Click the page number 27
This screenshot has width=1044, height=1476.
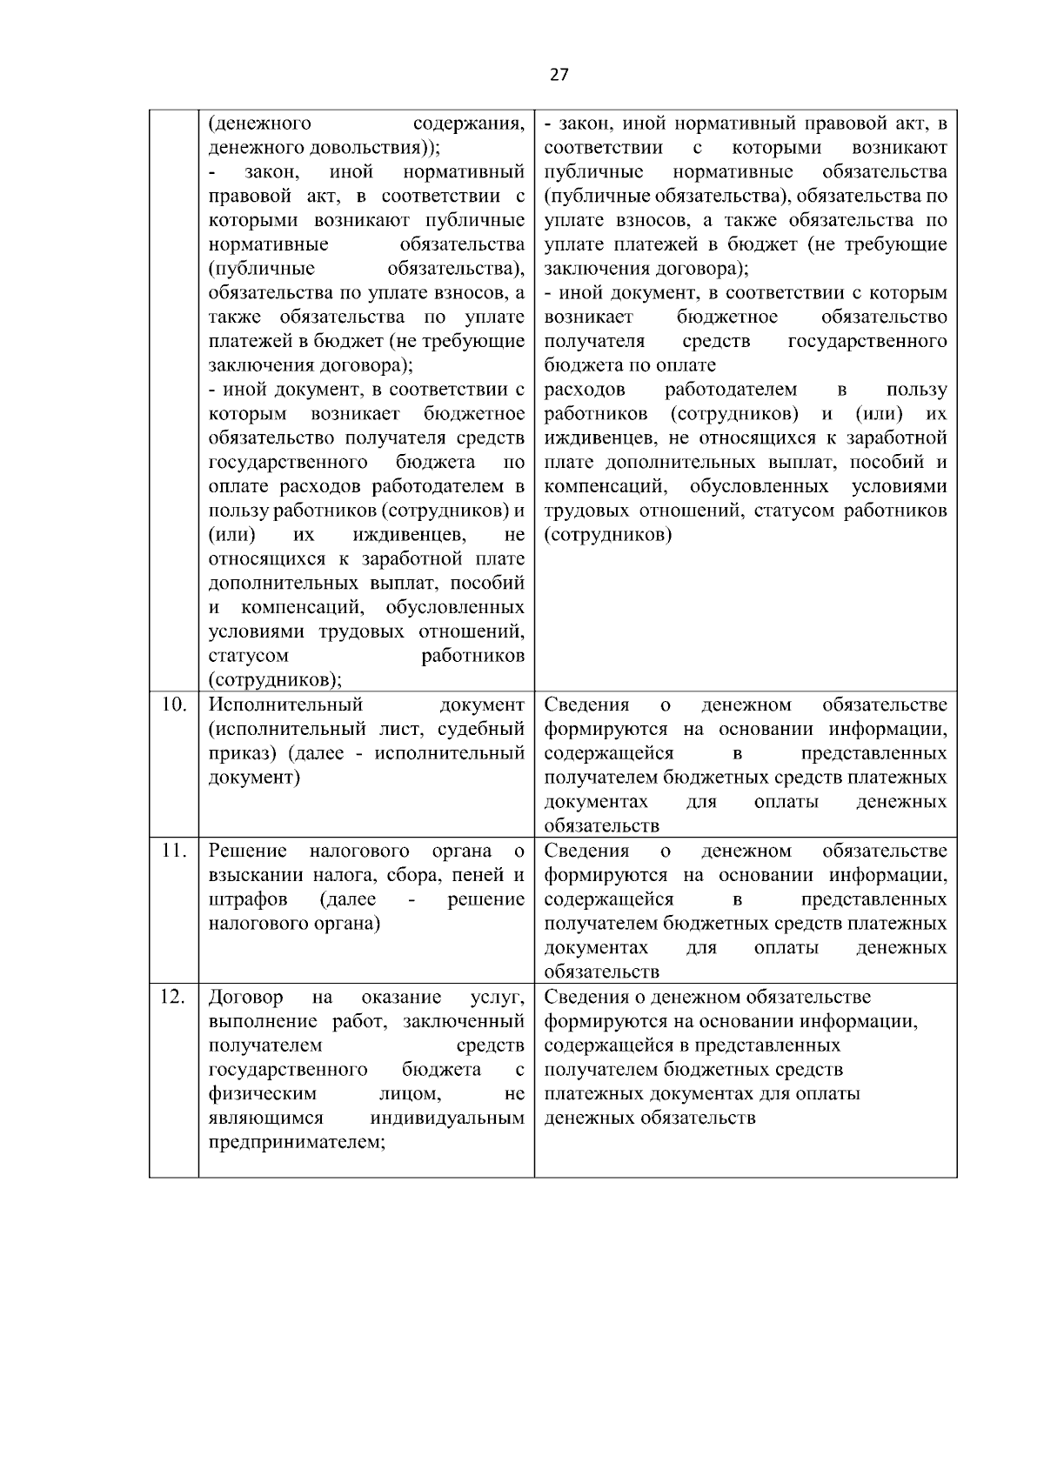pos(559,75)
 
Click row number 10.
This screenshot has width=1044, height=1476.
pos(174,705)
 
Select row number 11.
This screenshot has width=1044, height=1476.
pos(174,851)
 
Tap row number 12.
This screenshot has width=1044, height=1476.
pos(174,997)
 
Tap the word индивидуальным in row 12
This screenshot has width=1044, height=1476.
pos(447,1118)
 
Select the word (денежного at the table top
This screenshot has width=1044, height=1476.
pos(261,123)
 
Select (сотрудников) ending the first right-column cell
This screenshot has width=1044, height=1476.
pos(608,535)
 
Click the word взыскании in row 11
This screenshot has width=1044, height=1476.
pos(251,875)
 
